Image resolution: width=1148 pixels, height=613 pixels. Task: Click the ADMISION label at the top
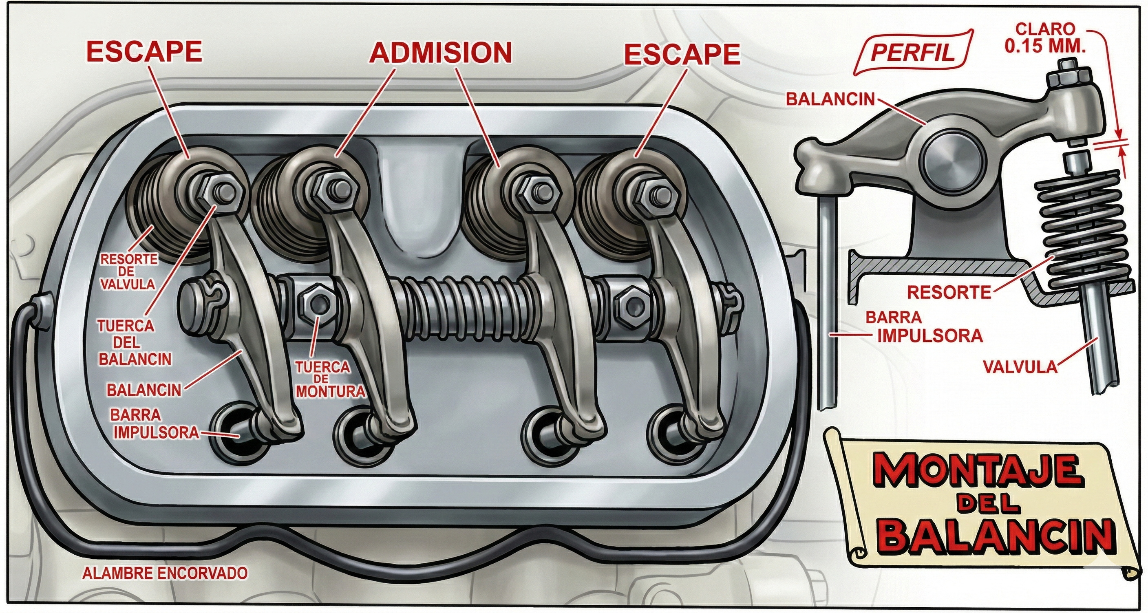440,53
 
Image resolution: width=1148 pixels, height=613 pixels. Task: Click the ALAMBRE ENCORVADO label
165,573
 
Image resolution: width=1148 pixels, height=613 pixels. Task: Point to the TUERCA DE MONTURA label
330,379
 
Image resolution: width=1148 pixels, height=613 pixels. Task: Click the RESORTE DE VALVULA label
128,272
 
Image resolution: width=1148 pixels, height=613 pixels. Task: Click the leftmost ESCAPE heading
144,52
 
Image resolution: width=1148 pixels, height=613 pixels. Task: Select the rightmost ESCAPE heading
682,54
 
